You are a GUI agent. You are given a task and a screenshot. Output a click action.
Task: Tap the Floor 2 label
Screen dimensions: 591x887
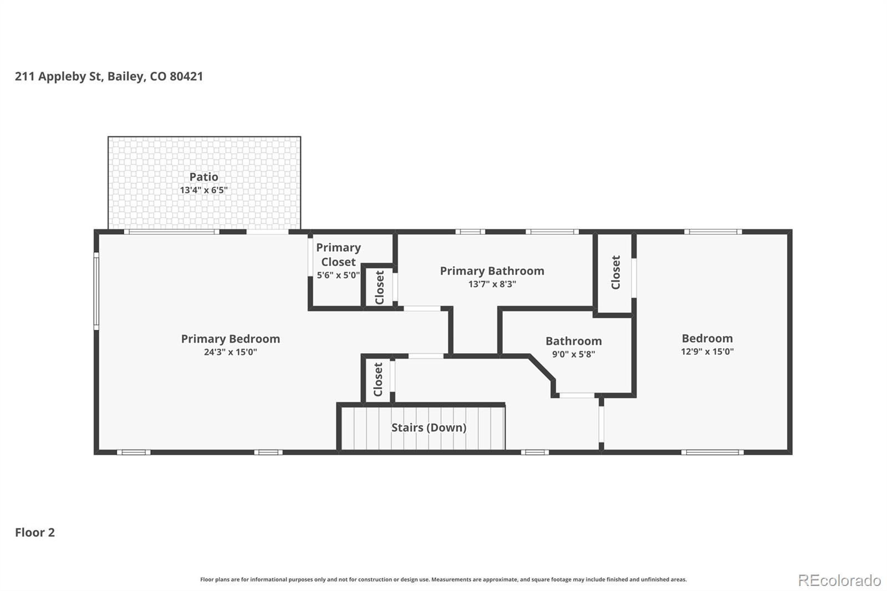[x=35, y=533]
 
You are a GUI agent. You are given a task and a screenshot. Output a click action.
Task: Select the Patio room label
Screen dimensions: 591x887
[x=203, y=177]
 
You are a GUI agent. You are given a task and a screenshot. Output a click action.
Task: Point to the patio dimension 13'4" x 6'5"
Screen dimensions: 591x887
[x=203, y=190]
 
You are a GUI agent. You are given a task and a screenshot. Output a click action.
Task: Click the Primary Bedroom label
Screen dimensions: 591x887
[x=230, y=339]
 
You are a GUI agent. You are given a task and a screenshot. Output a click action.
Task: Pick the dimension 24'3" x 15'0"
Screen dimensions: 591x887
[x=230, y=352]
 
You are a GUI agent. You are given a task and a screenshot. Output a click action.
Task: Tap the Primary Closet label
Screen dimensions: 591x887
[x=338, y=254]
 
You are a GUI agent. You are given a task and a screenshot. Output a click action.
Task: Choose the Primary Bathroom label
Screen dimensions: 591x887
[x=492, y=271]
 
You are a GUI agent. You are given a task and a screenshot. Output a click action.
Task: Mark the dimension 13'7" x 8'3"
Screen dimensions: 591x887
[x=492, y=284]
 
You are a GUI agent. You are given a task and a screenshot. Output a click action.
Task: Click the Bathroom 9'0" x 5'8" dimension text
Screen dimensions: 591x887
[x=573, y=354]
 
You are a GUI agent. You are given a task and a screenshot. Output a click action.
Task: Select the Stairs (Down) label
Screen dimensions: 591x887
[x=429, y=427]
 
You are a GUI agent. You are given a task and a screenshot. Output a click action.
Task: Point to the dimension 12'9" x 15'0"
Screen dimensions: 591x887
[x=707, y=351]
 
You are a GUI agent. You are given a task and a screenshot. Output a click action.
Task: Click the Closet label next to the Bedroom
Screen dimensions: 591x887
[x=615, y=272]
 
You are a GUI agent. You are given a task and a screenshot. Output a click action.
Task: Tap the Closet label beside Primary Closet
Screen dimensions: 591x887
[x=380, y=287]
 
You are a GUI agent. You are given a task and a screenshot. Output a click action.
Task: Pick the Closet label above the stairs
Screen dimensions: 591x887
[x=378, y=379]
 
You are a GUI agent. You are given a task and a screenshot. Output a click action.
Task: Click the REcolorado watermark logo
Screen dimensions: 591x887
[x=839, y=580]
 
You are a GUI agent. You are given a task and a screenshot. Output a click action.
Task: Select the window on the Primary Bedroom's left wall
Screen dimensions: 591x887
[x=96, y=291]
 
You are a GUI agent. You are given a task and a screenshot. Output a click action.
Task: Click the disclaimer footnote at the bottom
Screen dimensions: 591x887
[x=443, y=579]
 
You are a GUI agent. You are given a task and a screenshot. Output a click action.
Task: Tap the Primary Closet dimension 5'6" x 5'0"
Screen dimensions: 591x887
[x=338, y=275]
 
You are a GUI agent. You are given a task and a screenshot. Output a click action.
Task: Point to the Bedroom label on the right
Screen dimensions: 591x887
[x=707, y=338]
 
